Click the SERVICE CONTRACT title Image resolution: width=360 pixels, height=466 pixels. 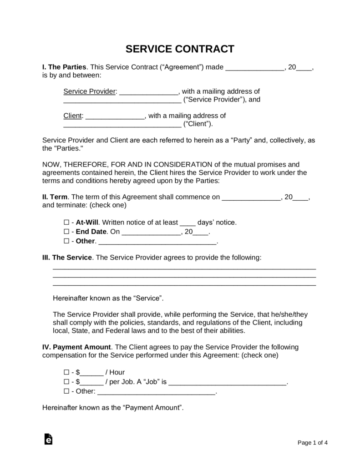point(180,49)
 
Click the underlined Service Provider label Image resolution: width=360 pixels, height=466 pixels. point(90,91)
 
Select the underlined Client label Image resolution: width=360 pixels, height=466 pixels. point(73,116)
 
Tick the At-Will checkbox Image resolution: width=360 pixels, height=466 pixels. point(66,223)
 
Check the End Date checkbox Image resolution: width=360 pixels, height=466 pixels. point(66,232)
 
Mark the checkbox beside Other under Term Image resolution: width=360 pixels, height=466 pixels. point(66,241)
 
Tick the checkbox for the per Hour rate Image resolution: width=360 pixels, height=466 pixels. point(66,372)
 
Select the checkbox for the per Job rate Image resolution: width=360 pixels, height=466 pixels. point(66,381)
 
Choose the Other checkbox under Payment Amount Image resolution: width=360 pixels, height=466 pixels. point(66,391)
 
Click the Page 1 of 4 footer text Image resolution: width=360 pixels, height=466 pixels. point(313,442)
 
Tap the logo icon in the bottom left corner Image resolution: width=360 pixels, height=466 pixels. point(48,439)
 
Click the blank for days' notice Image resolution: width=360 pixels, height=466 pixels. point(188,223)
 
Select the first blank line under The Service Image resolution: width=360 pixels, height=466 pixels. point(184,268)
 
